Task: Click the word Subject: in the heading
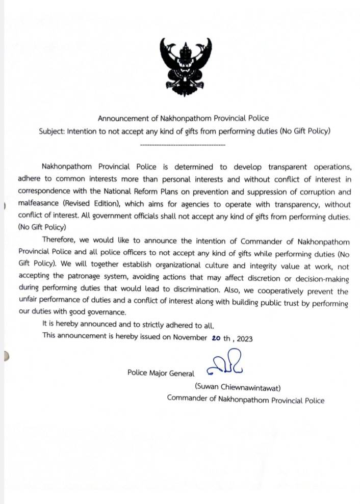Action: [54, 131]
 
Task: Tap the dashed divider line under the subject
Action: [182, 146]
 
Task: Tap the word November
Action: [190, 337]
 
